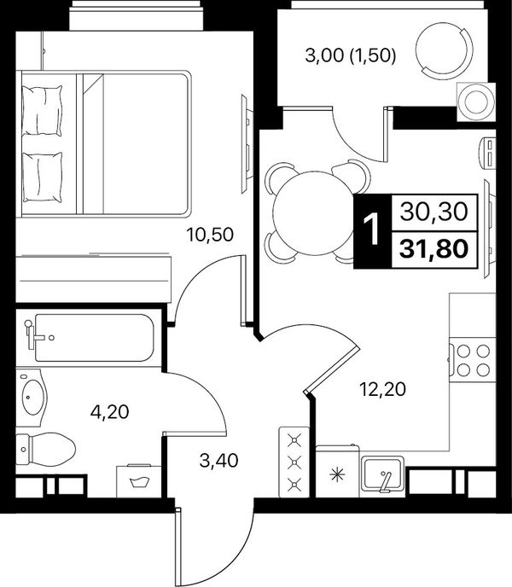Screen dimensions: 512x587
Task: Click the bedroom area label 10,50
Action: coord(210,235)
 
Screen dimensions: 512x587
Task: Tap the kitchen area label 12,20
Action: coord(382,389)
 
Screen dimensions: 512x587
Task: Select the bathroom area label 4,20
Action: coord(109,412)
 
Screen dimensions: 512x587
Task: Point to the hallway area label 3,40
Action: coord(218,461)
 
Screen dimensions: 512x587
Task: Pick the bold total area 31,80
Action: coord(433,249)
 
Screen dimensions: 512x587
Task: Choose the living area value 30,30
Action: coord(433,212)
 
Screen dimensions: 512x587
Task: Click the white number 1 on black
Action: coord(373,231)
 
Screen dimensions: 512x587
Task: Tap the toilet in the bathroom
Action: coord(45,450)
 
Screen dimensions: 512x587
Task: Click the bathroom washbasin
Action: coord(32,398)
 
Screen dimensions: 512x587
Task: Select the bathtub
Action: coord(90,338)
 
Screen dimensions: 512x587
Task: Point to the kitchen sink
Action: coord(382,474)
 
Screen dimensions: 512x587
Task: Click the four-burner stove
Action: coord(473,360)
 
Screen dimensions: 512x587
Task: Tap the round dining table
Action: coord(312,213)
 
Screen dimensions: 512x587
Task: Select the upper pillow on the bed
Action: coord(42,110)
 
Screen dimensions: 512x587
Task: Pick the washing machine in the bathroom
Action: coord(139,480)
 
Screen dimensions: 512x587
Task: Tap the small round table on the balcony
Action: coord(476,102)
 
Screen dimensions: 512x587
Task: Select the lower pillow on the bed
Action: coord(42,177)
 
